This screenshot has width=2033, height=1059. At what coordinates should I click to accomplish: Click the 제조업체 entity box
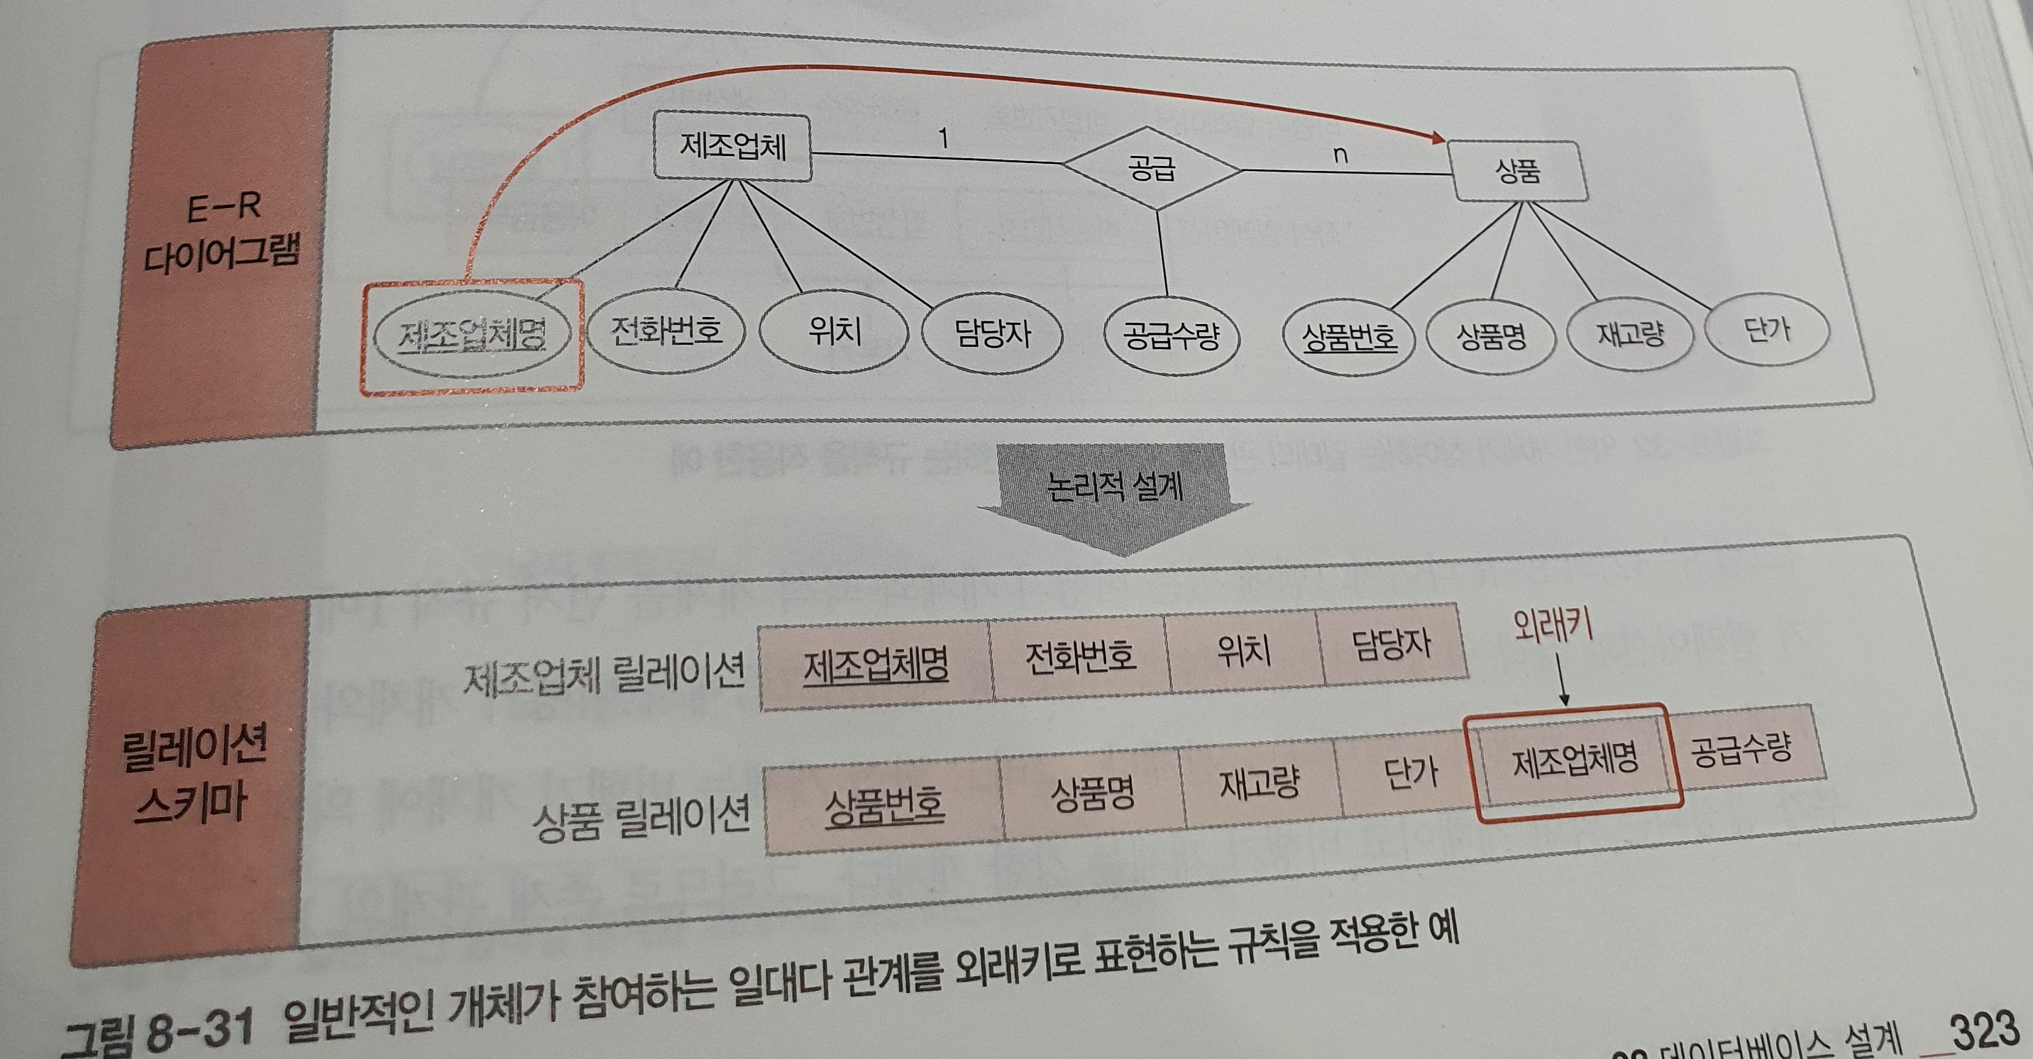[732, 148]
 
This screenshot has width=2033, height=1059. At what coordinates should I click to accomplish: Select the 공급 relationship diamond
[1152, 168]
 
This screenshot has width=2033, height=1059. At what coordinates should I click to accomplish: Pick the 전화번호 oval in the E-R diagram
[666, 331]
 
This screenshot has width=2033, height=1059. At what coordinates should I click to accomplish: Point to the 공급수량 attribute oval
[1170, 337]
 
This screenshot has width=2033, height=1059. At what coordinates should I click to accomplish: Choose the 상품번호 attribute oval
[1349, 338]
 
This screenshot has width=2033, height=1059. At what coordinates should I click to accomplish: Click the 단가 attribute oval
[1767, 330]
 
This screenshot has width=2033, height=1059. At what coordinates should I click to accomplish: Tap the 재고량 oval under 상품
[1631, 335]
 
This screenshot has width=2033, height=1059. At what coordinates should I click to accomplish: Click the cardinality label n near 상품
[1340, 155]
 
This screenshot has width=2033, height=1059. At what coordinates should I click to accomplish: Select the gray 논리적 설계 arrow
[1114, 497]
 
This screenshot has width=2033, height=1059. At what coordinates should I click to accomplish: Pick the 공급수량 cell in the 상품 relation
[1741, 748]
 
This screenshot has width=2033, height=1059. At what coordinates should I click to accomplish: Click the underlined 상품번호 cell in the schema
[884, 806]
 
